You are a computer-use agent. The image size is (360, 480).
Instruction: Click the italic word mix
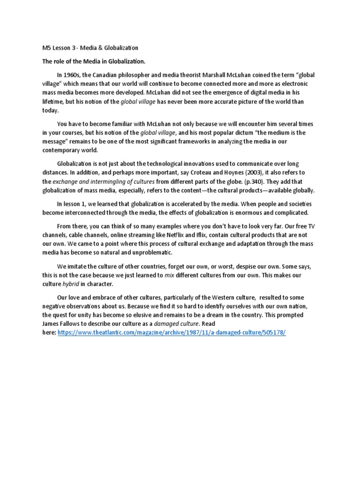click(169, 275)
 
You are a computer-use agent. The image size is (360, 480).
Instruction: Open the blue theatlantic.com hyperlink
click(172, 332)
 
